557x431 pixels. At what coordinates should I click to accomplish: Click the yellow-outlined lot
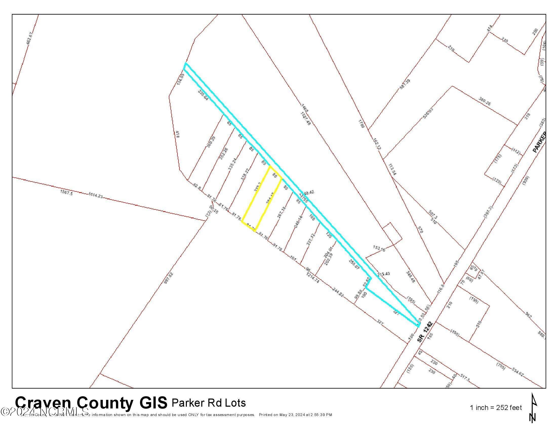pos(262,199)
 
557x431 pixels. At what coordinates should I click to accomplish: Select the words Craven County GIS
pos(91,403)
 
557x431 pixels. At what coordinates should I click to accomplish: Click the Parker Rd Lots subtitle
pos(209,403)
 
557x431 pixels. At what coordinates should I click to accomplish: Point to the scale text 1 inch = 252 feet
pos(496,408)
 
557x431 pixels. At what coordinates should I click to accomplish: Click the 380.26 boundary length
pos(485,102)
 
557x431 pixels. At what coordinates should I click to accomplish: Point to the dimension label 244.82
pos(339,292)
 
